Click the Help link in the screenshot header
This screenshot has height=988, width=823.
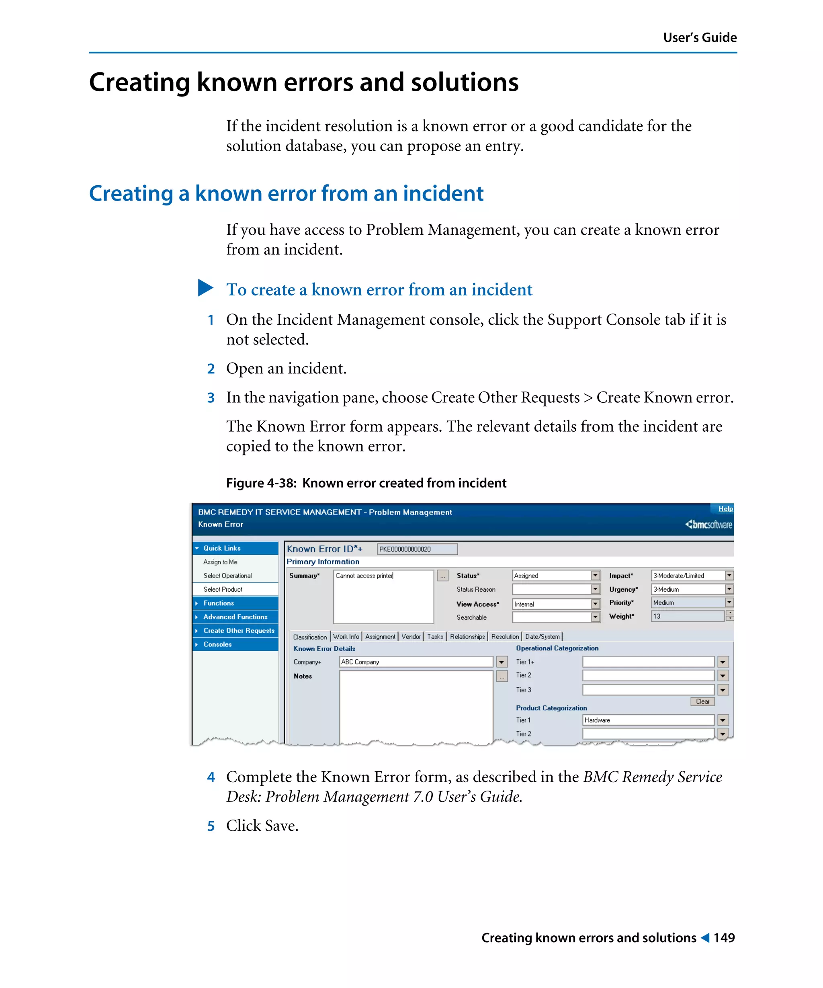click(725, 508)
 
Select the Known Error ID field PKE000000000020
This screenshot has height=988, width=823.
click(417, 549)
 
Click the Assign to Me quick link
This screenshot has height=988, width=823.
click(220, 562)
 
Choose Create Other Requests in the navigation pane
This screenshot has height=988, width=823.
click(238, 630)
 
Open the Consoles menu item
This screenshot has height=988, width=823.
click(217, 644)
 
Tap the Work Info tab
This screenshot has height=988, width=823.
click(346, 637)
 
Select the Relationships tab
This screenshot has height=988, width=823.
click(467, 637)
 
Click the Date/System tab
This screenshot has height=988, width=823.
click(542, 637)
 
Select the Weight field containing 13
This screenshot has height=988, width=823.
click(687, 616)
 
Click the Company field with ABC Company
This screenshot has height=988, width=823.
click(416, 662)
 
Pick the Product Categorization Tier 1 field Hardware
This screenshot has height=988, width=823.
click(647, 720)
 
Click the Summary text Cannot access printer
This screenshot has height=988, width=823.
click(364, 575)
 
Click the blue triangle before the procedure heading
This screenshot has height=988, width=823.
click(205, 287)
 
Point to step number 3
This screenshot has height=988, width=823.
click(211, 398)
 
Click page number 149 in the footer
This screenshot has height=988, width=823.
click(724, 938)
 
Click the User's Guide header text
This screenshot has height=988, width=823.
click(699, 38)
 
